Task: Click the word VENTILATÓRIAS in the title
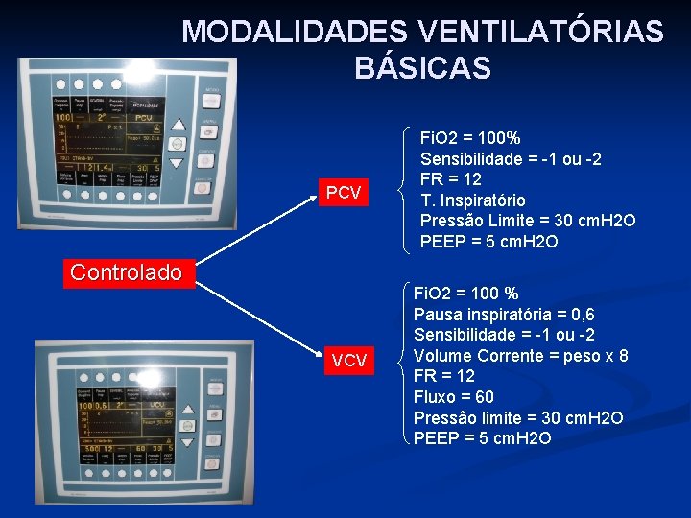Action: [541, 32]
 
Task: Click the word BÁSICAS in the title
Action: [422, 69]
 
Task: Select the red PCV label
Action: [343, 194]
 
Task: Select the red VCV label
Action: [348, 361]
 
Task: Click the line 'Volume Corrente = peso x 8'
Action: [520, 355]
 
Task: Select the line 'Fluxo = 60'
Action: [453, 396]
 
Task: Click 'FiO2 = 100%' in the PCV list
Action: [470, 138]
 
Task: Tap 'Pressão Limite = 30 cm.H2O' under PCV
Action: [527, 221]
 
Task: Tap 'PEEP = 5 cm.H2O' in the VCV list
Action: [482, 438]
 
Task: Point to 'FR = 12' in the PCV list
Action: [451, 179]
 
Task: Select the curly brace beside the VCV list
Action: [399, 365]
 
